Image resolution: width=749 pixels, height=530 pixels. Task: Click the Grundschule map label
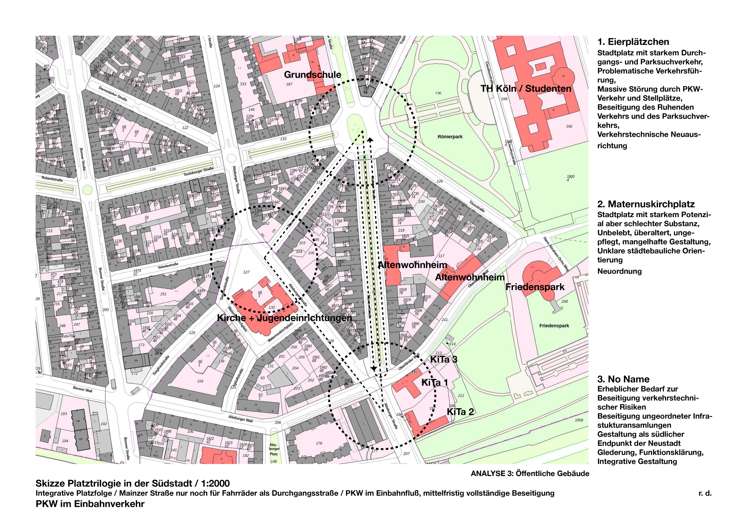[x=312, y=75]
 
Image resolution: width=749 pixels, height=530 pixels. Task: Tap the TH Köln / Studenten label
[x=525, y=88]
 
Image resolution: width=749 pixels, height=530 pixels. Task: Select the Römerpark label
[x=450, y=137]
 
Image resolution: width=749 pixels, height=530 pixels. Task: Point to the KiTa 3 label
[x=444, y=359]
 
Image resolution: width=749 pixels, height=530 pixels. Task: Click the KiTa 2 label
[x=460, y=412]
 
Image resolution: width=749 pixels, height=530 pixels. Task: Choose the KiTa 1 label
[x=434, y=383]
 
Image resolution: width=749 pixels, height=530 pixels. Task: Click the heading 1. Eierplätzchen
[x=633, y=42]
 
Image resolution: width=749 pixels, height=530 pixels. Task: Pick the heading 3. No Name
[x=623, y=379]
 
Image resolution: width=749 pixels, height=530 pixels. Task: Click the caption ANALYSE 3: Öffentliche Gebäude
[x=530, y=474]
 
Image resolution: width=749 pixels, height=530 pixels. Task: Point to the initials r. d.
[x=705, y=493]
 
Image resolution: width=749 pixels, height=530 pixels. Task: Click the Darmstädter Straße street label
[x=113, y=94]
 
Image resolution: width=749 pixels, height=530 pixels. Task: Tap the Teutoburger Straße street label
[x=198, y=172]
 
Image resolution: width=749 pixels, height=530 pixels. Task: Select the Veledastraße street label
[x=168, y=266]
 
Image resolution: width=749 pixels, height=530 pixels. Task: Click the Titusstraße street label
[x=477, y=206]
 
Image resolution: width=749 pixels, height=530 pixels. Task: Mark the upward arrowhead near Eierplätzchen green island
[x=370, y=140]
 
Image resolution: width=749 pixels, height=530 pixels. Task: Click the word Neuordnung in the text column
[x=619, y=271]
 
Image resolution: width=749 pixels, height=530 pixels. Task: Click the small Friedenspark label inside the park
[x=554, y=325]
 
